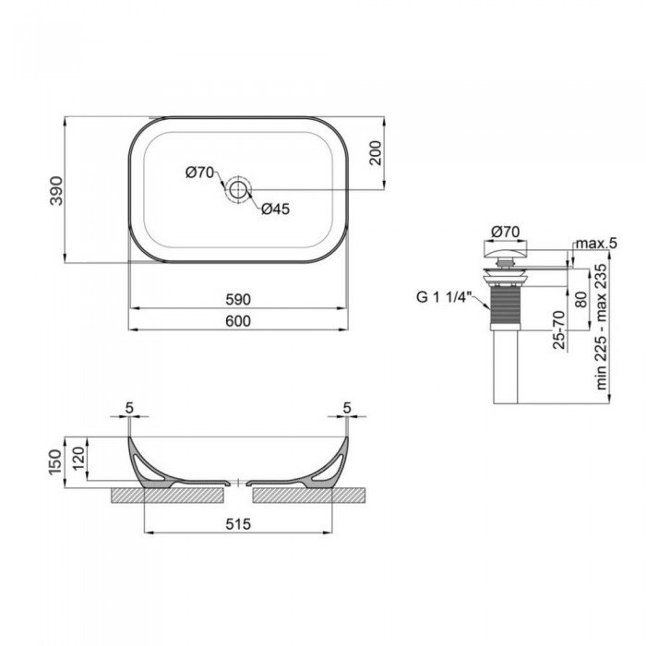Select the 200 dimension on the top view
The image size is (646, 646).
375,154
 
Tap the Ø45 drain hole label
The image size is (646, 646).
275,209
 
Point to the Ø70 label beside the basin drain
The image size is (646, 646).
198,172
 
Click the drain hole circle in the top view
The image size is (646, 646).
238,190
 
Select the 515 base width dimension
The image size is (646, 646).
238,524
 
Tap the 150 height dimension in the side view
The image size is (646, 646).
55,458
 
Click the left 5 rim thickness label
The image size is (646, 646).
128,407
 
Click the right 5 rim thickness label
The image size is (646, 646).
347,407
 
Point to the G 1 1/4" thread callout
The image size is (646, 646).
443,297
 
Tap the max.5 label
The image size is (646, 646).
595,243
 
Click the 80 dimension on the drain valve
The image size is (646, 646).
579,300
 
